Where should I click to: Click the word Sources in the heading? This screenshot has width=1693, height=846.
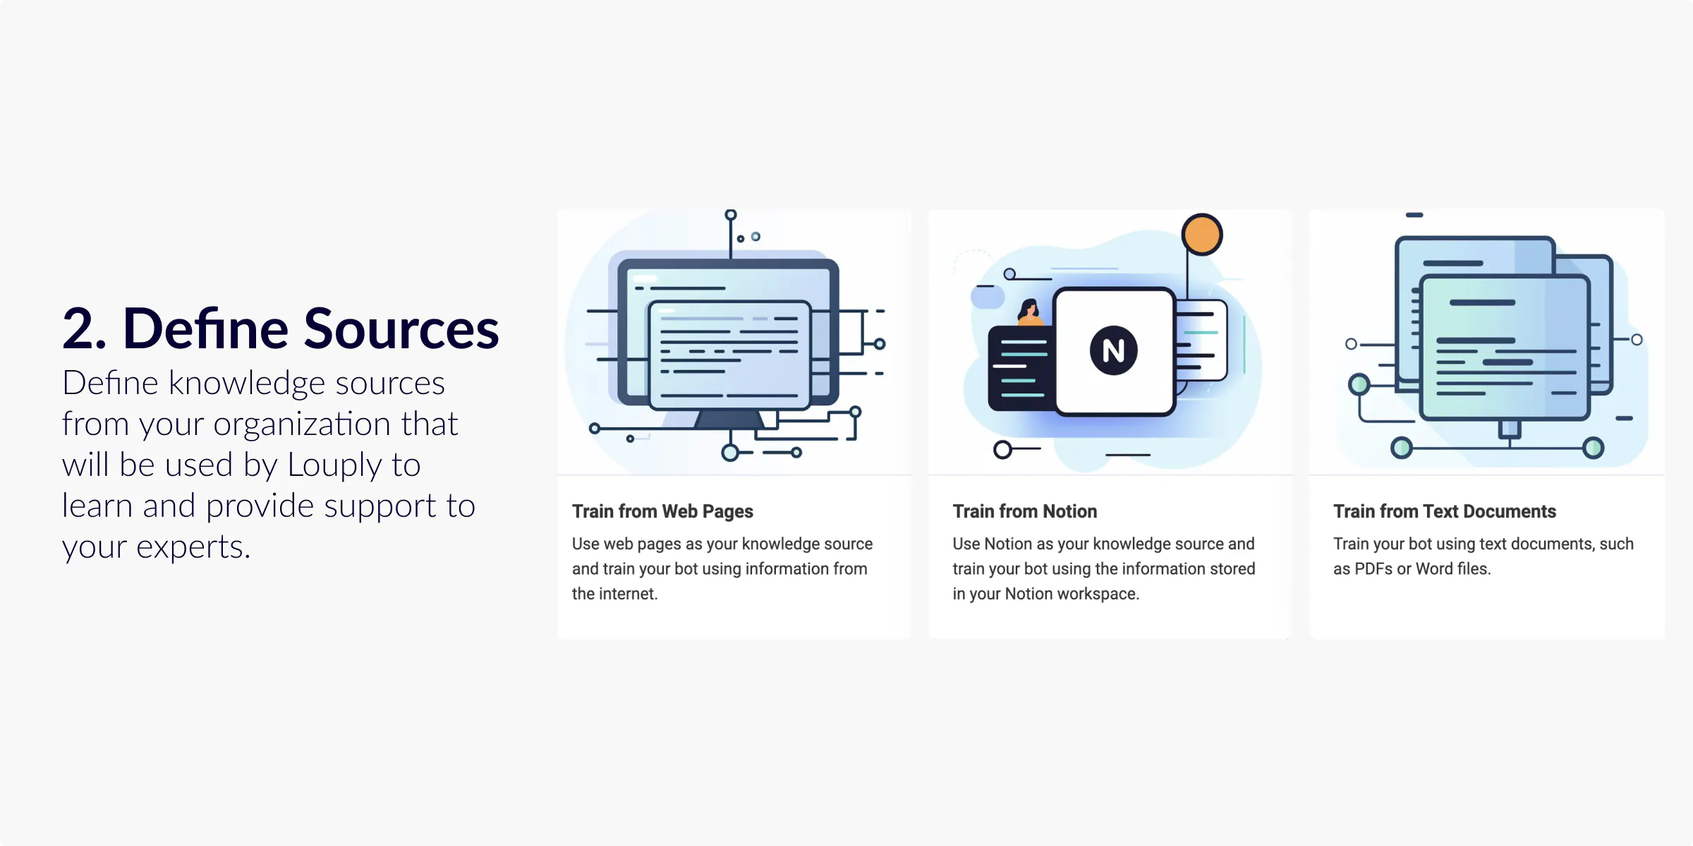(401, 329)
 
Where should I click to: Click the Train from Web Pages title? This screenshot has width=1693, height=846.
(662, 512)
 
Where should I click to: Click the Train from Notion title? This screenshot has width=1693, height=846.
(1024, 511)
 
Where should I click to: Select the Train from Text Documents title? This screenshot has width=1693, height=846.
(1445, 511)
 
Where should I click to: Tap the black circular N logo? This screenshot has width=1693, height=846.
(1113, 350)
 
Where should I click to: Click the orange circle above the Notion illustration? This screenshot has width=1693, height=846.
(1202, 234)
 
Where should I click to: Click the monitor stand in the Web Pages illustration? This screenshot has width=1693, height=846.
(729, 419)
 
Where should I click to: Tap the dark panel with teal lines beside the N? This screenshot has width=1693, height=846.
(1021, 368)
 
